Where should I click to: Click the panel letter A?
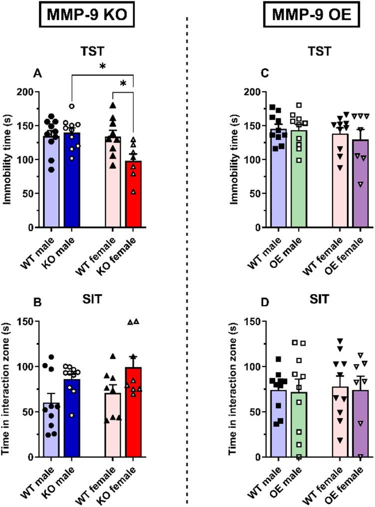tap(36, 73)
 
